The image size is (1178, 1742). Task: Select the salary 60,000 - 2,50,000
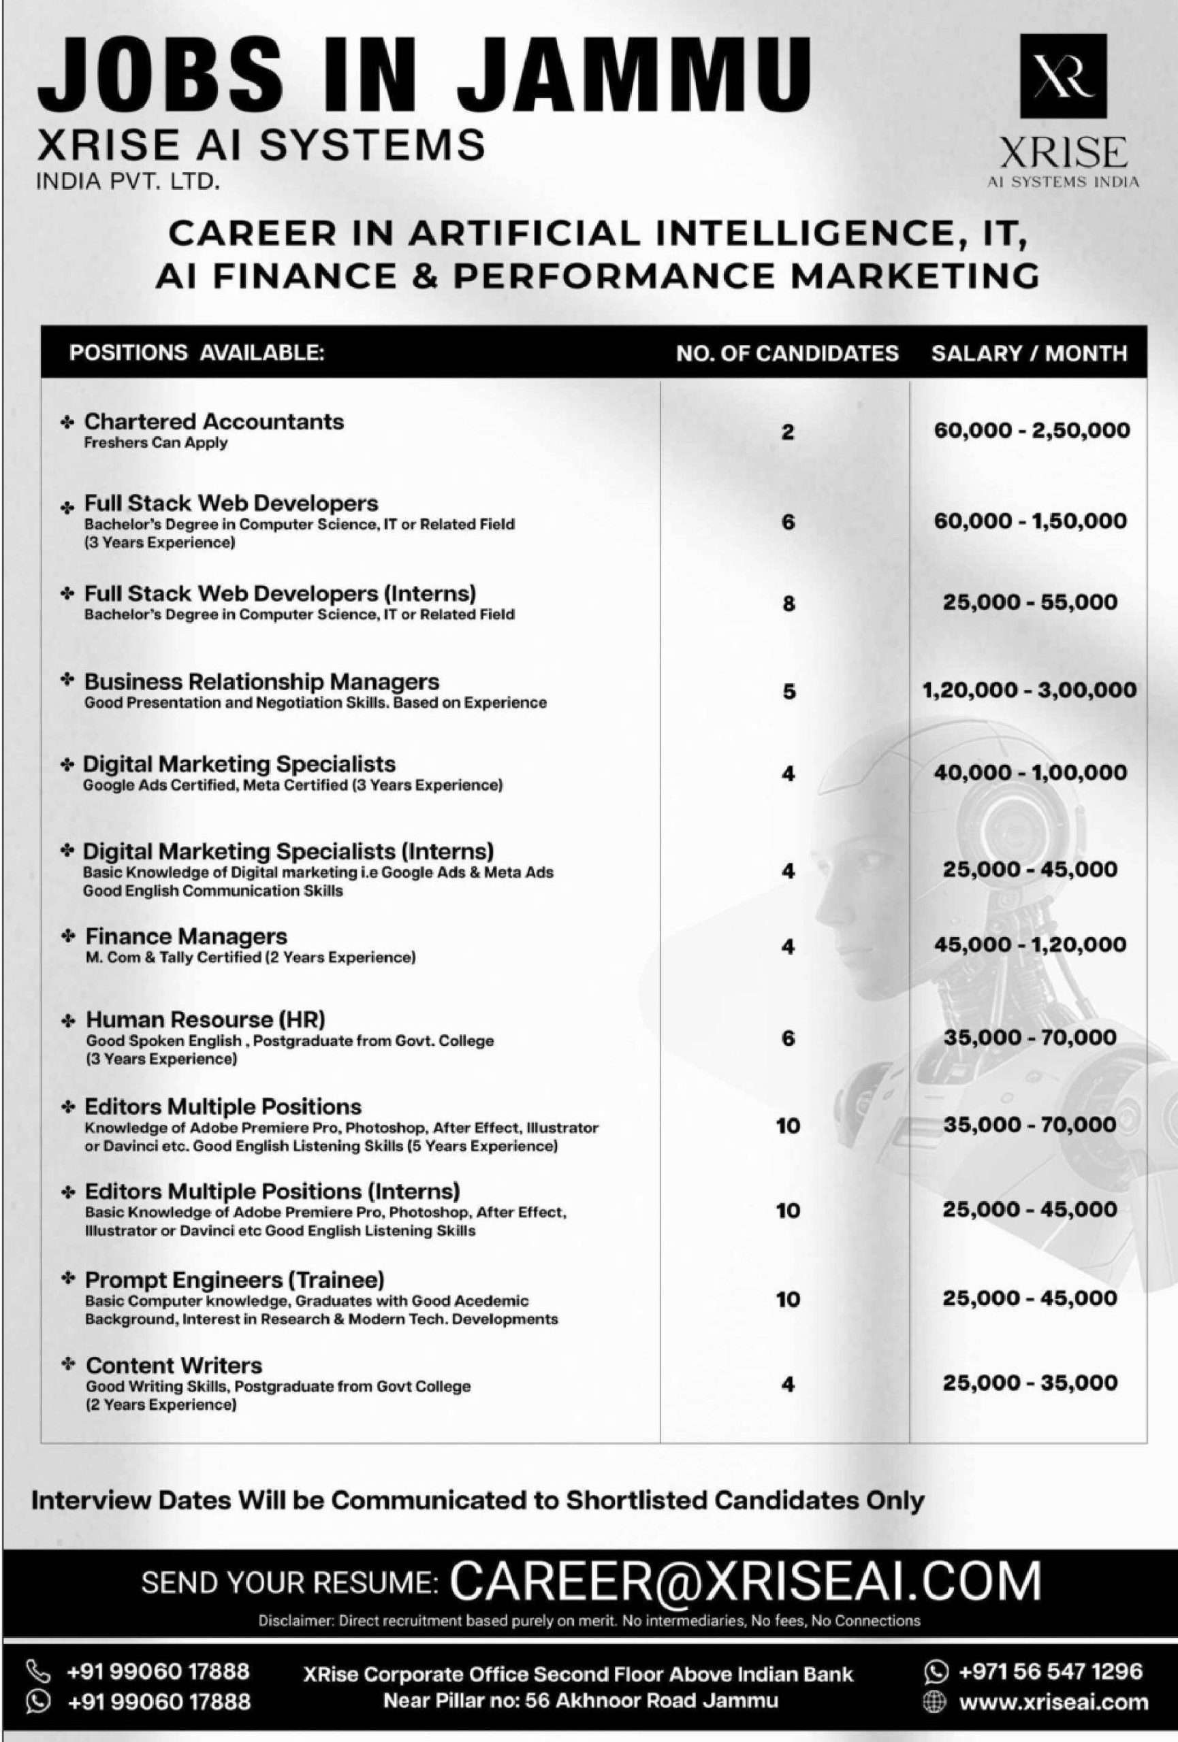tap(1031, 430)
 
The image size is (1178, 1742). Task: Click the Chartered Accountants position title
tap(214, 421)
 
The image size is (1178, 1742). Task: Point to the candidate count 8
tap(787, 604)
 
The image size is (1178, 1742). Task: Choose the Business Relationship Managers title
tap(261, 681)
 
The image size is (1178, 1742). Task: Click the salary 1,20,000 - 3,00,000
tap(1030, 689)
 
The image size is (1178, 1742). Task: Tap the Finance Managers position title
tap(186, 936)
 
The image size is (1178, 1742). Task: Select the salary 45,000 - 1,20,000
tap(1030, 944)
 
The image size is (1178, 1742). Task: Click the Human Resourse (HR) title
tap(206, 1019)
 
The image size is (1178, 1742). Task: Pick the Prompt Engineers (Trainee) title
tap(234, 1279)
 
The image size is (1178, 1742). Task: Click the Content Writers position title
tap(173, 1365)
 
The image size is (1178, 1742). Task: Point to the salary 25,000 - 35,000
tap(1030, 1383)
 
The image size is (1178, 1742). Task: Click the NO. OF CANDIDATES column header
tap(786, 353)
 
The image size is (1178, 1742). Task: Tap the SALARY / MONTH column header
tap(1029, 353)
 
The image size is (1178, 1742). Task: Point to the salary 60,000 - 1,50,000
tap(1030, 521)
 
